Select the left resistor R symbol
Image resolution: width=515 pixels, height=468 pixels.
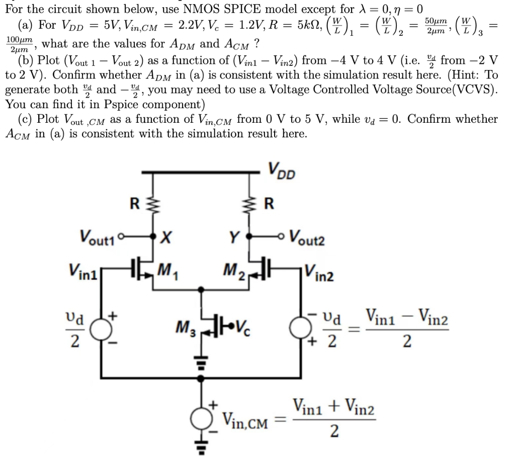coord(154,205)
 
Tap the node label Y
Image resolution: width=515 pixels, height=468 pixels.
coord(234,236)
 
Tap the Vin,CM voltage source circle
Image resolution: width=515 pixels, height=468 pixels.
coord(203,417)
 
